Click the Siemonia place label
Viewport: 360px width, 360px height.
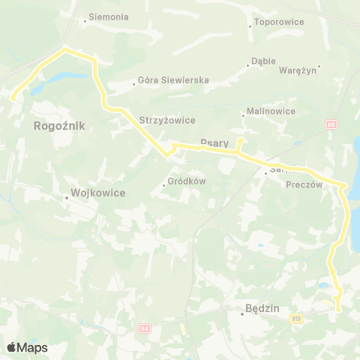click(109, 16)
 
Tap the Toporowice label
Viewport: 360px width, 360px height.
click(279, 22)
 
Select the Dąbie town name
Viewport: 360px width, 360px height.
click(264, 61)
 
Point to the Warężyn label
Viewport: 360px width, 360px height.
click(299, 70)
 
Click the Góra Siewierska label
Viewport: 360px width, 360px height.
click(173, 80)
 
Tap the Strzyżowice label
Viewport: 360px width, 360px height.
click(167, 119)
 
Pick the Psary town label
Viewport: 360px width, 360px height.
click(214, 142)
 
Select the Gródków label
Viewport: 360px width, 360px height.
click(187, 181)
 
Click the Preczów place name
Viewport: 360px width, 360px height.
click(304, 184)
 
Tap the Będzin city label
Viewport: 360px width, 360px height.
click(262, 307)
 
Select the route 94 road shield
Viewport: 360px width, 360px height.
click(145, 328)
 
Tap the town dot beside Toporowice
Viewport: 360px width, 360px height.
click(250, 26)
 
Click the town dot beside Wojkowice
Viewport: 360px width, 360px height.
click(66, 198)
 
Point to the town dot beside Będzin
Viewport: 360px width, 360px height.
click(242, 313)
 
